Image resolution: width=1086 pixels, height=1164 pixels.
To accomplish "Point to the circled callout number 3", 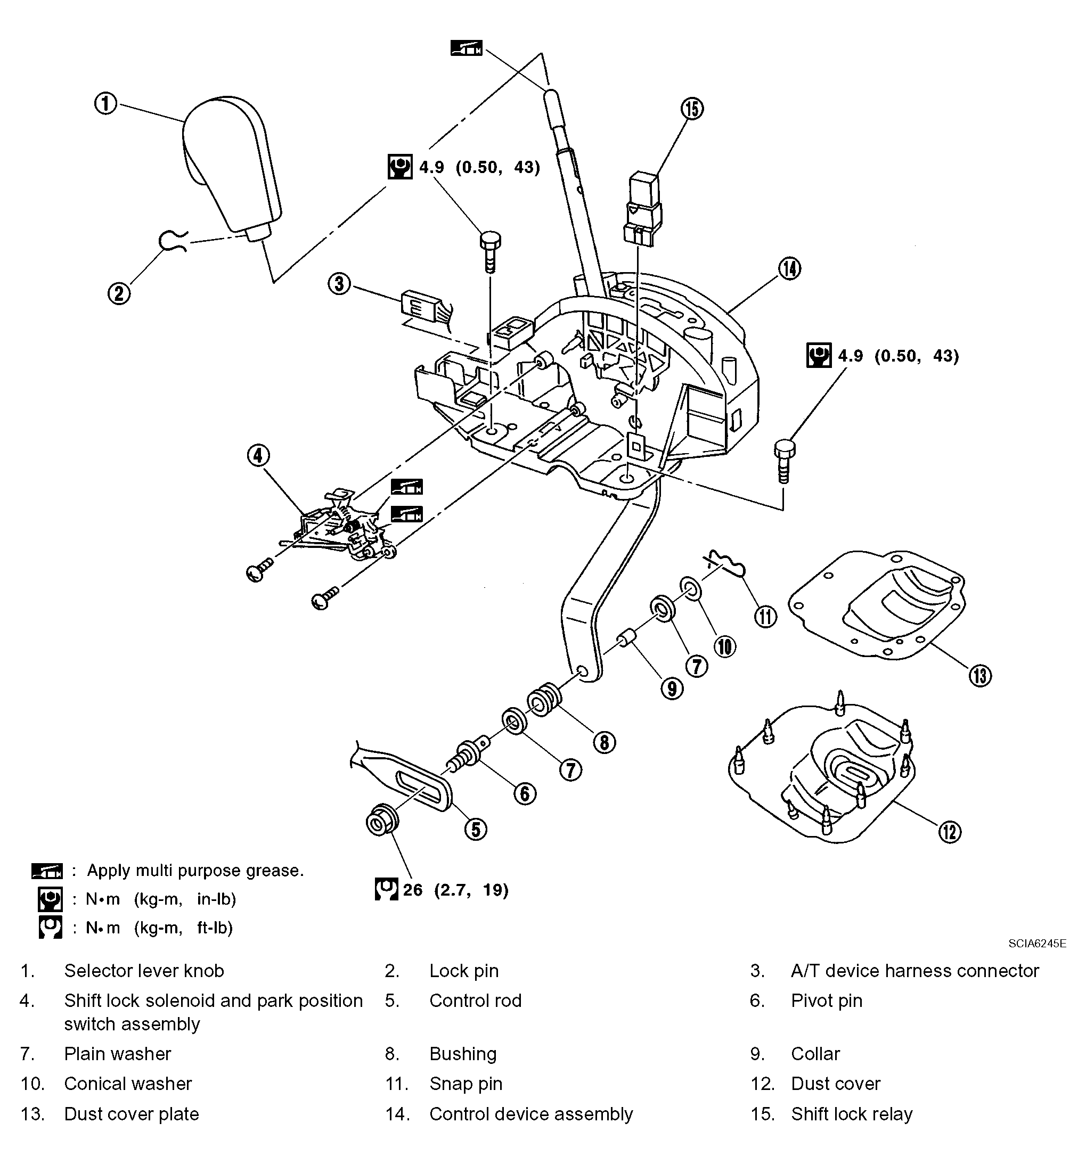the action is point(339,284).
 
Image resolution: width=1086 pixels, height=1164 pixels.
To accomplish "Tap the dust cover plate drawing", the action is point(876,605).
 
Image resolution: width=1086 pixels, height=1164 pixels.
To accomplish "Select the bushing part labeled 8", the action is point(545,699).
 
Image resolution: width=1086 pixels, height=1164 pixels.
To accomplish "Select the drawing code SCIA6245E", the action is point(1038,943).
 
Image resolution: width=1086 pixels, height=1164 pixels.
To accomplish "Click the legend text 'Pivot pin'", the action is point(827,1001).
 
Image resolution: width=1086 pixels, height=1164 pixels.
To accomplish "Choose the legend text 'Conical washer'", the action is point(128,1084).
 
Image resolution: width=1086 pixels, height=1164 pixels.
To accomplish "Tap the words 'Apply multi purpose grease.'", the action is point(195,871).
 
